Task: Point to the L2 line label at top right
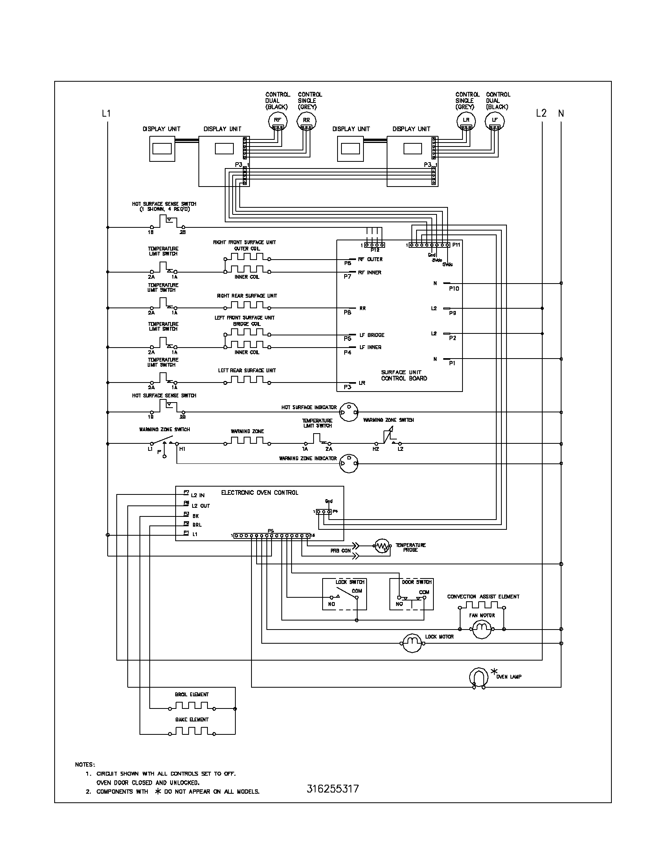coord(541,113)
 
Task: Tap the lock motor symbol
coord(413,644)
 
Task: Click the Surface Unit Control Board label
coord(404,375)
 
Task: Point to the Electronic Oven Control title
coord(260,492)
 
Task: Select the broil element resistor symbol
coord(191,706)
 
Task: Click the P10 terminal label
coord(454,289)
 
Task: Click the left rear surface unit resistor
coord(247,381)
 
